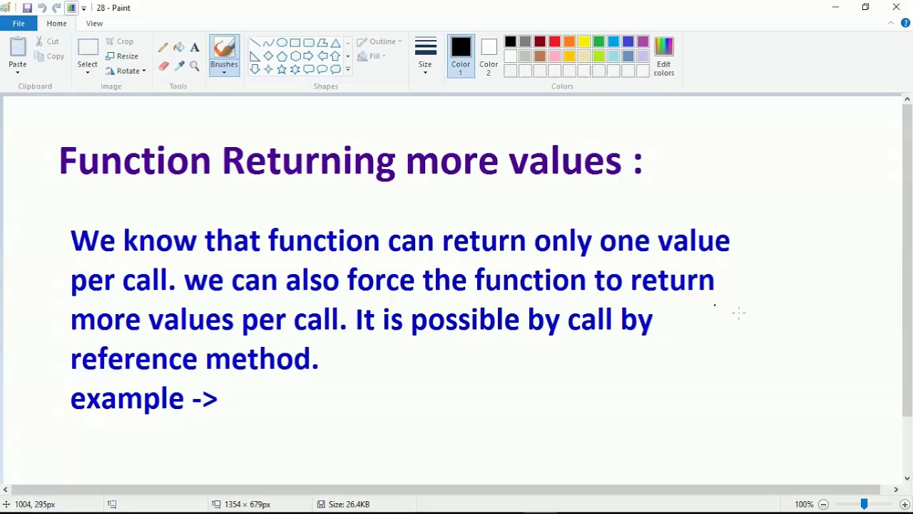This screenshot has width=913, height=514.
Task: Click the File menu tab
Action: click(x=19, y=24)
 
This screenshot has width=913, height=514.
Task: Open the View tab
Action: click(x=94, y=24)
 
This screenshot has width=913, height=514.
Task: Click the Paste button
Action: click(x=18, y=56)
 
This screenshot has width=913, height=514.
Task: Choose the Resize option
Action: click(x=122, y=56)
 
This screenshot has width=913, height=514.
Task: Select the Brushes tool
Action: click(x=224, y=56)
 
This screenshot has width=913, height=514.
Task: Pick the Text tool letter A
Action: click(x=195, y=47)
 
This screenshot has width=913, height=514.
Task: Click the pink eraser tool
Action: click(x=164, y=66)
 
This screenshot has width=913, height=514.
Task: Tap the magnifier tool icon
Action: click(x=195, y=66)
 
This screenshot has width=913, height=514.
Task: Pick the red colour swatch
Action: click(x=554, y=41)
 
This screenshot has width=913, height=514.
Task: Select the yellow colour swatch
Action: click(x=583, y=41)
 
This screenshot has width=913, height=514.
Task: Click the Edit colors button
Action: click(x=663, y=56)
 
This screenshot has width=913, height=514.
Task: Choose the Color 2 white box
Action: click(x=489, y=56)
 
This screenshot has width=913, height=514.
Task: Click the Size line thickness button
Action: click(x=425, y=56)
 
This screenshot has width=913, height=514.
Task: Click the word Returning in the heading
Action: click(x=309, y=161)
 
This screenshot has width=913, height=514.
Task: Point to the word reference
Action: click(x=133, y=359)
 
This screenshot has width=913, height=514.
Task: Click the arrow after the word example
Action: click(x=205, y=399)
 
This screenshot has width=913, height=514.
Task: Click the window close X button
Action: click(x=896, y=7)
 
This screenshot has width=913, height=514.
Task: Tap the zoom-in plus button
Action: click(x=904, y=504)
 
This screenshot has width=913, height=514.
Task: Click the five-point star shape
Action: click(x=282, y=69)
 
